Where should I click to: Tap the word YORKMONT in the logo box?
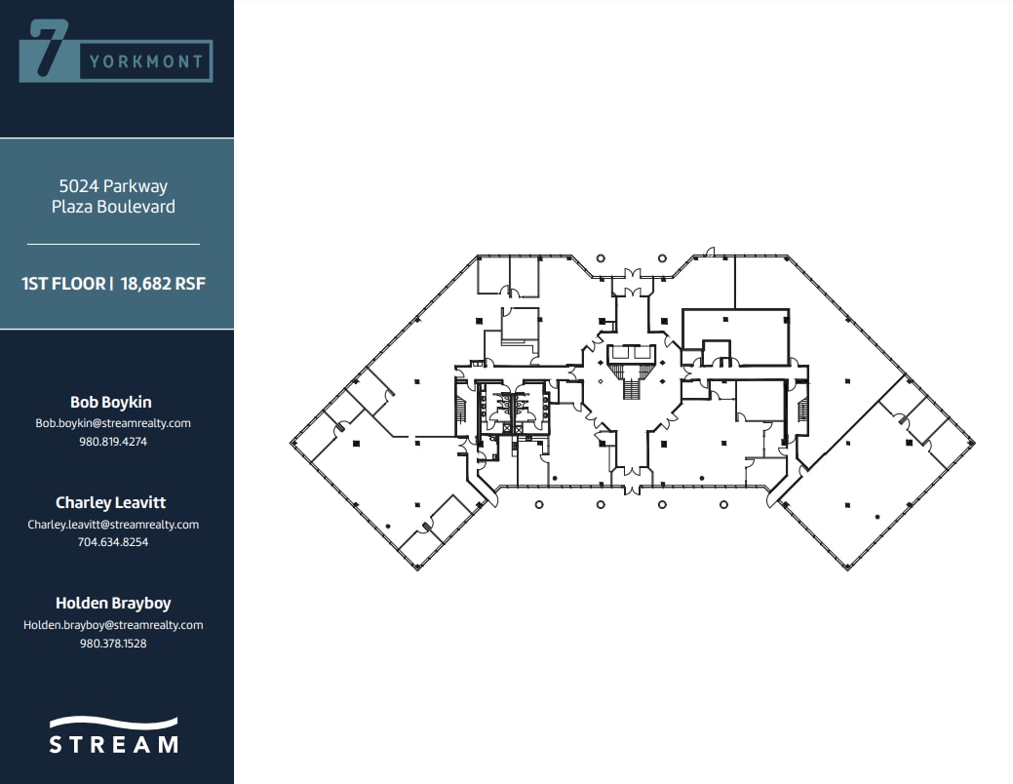click(146, 61)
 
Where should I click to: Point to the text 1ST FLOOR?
click(63, 284)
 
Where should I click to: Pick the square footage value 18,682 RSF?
click(163, 284)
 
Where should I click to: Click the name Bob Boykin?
click(111, 402)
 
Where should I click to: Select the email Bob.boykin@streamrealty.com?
click(113, 423)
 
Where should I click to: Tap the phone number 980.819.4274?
click(113, 441)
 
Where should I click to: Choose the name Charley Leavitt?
click(111, 502)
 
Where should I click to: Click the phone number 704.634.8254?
click(113, 542)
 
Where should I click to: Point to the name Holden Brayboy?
click(113, 603)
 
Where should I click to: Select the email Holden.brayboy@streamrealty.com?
click(113, 624)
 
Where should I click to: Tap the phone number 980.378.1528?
click(113, 643)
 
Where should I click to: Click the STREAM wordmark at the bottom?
click(114, 744)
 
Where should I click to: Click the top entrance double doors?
click(633, 275)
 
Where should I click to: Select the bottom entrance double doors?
click(633, 484)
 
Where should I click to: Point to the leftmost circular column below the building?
click(537, 504)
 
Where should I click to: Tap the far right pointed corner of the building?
click(974, 442)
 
